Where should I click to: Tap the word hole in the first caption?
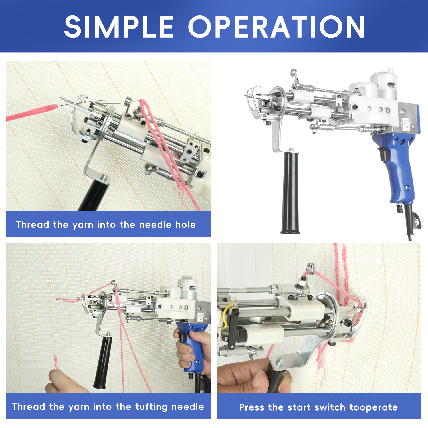[x=185, y=225]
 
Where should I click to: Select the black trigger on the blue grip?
[x=383, y=154]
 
